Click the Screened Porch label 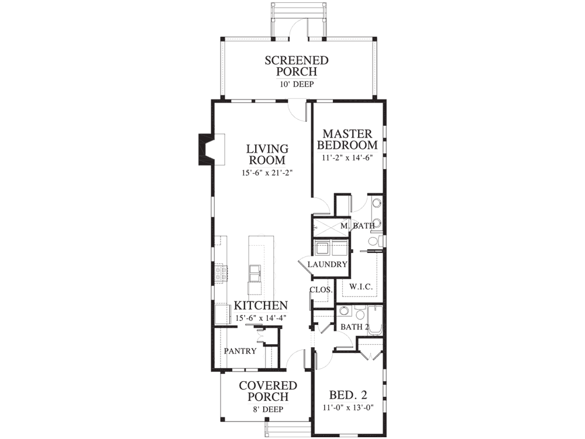pyautogui.click(x=297, y=66)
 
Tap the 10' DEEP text pyautogui.click(x=297, y=84)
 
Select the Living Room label pyautogui.click(x=267, y=154)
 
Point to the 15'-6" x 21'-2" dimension pyautogui.click(x=267, y=173)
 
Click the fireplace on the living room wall pyautogui.click(x=211, y=149)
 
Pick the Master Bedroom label pyautogui.click(x=347, y=139)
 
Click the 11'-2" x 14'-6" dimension pyautogui.click(x=347, y=157)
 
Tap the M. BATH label pyautogui.click(x=357, y=226)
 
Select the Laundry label pyautogui.click(x=327, y=265)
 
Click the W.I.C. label pyautogui.click(x=361, y=287)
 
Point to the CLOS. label pyautogui.click(x=321, y=290)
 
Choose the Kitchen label pyautogui.click(x=261, y=306)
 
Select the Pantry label pyautogui.click(x=240, y=351)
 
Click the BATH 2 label pyautogui.click(x=355, y=327)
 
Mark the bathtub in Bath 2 pyautogui.click(x=375, y=320)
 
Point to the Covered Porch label pyautogui.click(x=268, y=391)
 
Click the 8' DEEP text pyautogui.click(x=268, y=410)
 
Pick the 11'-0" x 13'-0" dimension pyautogui.click(x=348, y=407)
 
